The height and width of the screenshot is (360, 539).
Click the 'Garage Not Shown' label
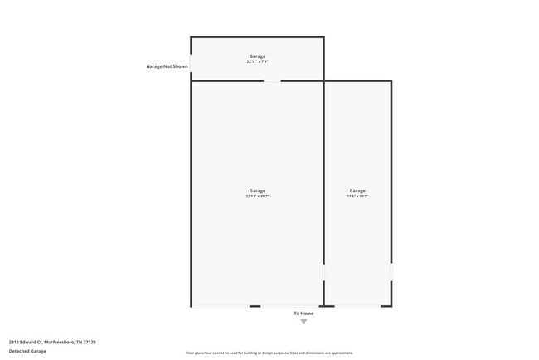[167, 66]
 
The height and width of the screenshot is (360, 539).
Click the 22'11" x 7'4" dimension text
[257, 61]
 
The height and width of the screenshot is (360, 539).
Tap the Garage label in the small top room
[257, 56]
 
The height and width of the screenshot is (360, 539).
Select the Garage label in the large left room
[257, 191]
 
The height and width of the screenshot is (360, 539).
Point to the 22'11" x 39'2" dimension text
[257, 197]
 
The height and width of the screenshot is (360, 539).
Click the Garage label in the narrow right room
[357, 191]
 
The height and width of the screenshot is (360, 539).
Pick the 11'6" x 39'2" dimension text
[357, 197]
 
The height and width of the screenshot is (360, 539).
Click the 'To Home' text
[303, 313]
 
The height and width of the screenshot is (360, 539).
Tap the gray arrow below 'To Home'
[303, 321]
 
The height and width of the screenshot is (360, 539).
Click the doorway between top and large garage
[272, 80]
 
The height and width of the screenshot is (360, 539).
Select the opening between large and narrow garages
[323, 272]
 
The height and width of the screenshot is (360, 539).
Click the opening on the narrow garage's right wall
[391, 272]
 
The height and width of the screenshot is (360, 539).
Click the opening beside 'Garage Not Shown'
[192, 66]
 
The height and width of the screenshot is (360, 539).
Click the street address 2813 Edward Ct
[25, 342]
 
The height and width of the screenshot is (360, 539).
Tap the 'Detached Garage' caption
[27, 351]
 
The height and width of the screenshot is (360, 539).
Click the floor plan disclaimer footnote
[269, 353]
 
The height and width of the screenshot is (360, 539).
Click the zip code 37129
[90, 342]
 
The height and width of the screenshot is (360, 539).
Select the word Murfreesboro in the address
[59, 342]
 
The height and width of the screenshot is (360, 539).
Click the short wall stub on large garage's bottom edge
[255, 306]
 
